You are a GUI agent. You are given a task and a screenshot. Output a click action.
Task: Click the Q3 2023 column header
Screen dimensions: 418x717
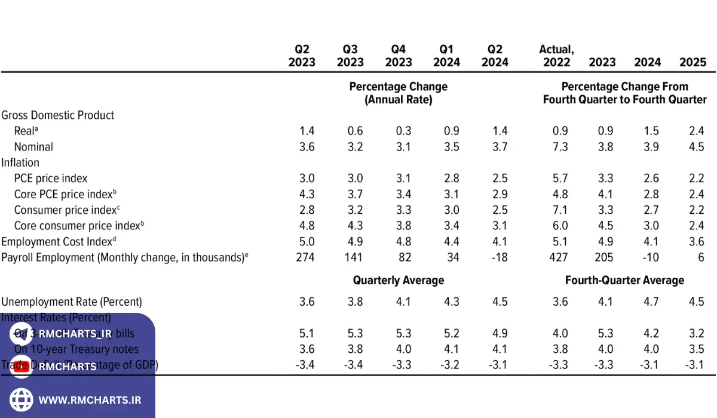350,56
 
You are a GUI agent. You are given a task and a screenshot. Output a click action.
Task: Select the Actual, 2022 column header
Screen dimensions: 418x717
556,56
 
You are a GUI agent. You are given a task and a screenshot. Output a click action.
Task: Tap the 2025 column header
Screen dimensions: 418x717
693,62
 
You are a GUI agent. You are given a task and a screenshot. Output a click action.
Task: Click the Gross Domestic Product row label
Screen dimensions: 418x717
58,115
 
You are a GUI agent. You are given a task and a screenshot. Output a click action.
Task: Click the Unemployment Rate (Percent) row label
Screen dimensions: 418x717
72,302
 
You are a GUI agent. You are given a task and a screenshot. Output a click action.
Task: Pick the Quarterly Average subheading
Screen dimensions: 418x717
399,280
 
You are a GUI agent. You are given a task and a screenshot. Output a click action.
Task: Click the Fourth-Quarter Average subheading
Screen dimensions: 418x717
624,280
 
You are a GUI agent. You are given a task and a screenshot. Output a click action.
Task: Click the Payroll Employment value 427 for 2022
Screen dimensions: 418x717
559,258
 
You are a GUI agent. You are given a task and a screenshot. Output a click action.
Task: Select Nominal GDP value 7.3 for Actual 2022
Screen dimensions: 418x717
560,147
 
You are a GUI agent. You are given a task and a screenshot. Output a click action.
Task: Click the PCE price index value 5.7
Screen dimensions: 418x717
560,178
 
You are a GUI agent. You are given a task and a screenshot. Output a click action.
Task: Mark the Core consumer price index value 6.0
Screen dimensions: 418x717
560,226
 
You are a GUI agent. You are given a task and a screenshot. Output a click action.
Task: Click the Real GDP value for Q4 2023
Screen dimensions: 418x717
403,131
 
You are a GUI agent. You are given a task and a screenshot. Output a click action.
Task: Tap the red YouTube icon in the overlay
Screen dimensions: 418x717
22,367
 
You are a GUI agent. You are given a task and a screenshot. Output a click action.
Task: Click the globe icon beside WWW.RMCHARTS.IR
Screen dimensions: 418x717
22,399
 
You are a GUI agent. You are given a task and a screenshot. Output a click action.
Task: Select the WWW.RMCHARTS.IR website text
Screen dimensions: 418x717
90,400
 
